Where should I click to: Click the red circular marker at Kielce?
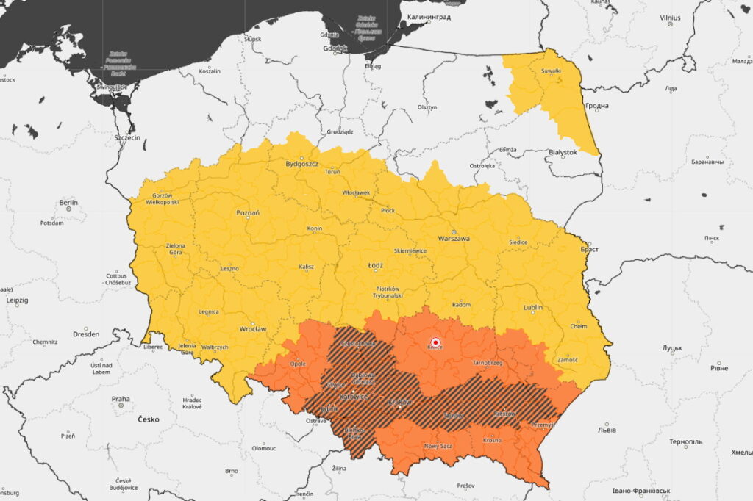tap(435, 342)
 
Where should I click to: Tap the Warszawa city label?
tap(454, 239)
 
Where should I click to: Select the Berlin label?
tap(68, 202)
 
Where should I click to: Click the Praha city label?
tap(121, 400)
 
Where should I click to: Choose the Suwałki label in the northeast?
tap(551, 71)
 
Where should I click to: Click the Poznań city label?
tap(248, 212)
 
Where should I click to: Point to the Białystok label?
tap(563, 152)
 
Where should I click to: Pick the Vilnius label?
tap(670, 18)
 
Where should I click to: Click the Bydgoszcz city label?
tap(302, 164)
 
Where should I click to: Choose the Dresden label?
tap(86, 334)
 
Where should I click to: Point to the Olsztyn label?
tap(427, 107)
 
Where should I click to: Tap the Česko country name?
tap(148, 419)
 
